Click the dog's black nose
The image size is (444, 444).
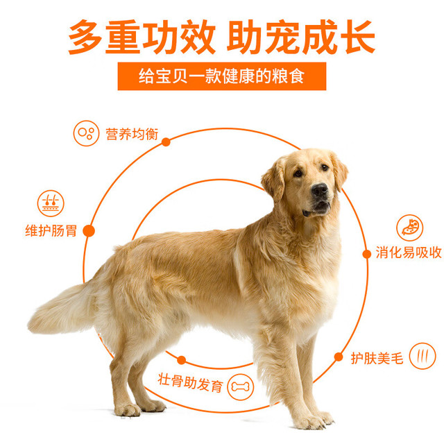click(320, 189)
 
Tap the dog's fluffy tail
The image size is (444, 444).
click(62, 309)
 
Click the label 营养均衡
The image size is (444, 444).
click(132, 134)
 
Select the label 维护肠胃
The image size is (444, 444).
click(51, 231)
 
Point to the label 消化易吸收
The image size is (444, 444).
click(409, 253)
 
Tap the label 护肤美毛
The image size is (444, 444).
click(377, 358)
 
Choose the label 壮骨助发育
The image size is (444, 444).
click(191, 382)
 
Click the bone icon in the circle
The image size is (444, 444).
click(241, 386)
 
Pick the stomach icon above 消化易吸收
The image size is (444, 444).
click(409, 228)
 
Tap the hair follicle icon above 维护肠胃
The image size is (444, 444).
click(51, 203)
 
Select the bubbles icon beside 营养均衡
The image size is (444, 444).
click(86, 133)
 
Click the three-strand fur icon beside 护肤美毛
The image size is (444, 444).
click(422, 356)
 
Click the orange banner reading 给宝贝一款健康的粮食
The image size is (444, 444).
click(222, 76)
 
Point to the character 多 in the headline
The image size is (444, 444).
click(85, 37)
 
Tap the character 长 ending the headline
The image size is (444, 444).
click(358, 37)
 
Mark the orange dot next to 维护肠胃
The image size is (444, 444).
click(89, 231)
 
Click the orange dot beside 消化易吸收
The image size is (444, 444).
click(367, 254)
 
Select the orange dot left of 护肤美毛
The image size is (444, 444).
click(339, 357)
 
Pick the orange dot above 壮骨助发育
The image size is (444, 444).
click(182, 360)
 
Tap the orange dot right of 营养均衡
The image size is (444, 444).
click(166, 142)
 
